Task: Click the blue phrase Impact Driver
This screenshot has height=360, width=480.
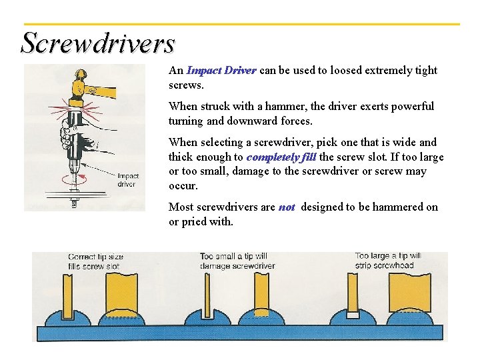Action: (x=221, y=71)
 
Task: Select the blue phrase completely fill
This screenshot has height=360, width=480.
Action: (x=281, y=157)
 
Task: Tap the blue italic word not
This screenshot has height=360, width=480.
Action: (x=287, y=207)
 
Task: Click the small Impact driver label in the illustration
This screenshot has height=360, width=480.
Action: (x=127, y=180)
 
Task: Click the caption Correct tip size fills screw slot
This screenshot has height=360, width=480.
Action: (x=96, y=261)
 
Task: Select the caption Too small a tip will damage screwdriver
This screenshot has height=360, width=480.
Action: (x=233, y=261)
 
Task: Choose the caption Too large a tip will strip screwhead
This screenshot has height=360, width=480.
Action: (x=387, y=261)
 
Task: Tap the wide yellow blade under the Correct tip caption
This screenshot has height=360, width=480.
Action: (x=121, y=293)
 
